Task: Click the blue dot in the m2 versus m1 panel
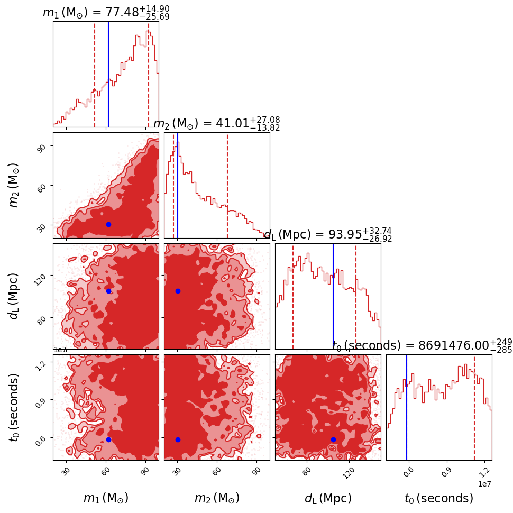108,224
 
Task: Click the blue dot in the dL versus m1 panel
108,291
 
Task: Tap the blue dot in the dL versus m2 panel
178,291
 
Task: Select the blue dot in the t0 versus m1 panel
108,439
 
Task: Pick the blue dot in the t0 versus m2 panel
178,439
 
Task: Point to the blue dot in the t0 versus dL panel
333,439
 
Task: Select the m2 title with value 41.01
217,124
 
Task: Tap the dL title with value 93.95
328,235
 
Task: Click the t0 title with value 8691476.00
422,346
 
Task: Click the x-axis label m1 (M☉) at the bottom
106,498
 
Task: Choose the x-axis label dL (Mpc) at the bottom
328,498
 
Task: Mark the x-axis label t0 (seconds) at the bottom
439,498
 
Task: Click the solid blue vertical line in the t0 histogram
407,407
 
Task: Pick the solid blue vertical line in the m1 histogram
108,74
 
